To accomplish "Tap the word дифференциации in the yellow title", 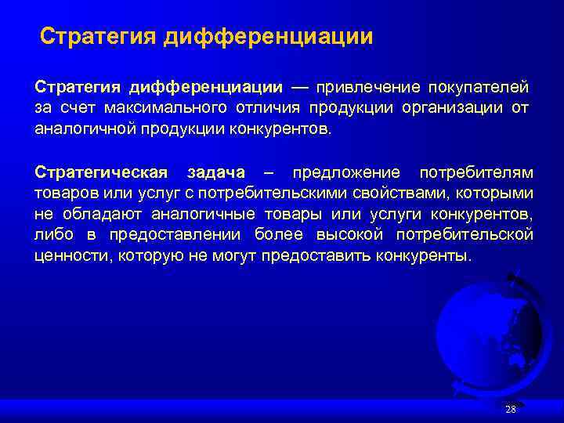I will pyautogui.click(x=269, y=37).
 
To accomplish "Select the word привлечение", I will pyautogui.click(x=368, y=85).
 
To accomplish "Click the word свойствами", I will pyautogui.click(x=390, y=193).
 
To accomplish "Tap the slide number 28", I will pyautogui.click(x=511, y=409).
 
